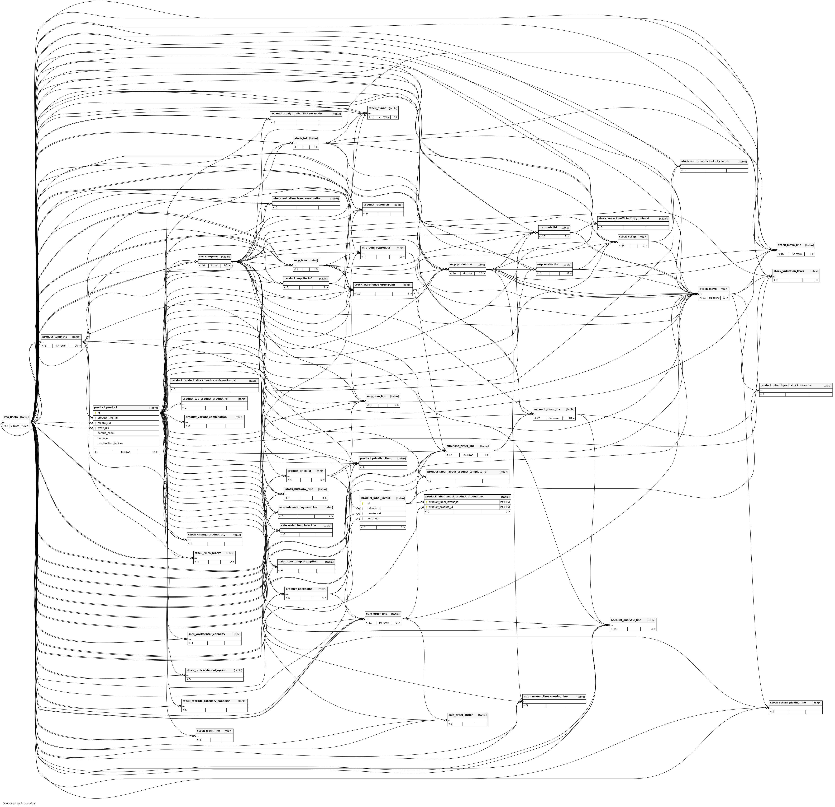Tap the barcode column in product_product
point(103,438)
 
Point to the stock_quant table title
point(377,108)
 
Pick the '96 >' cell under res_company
point(226,266)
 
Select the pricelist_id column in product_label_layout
point(374,509)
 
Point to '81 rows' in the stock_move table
point(714,298)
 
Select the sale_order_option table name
point(461,715)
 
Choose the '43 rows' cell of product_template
point(60,346)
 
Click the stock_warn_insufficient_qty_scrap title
point(705,162)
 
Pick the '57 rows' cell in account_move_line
point(554,418)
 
